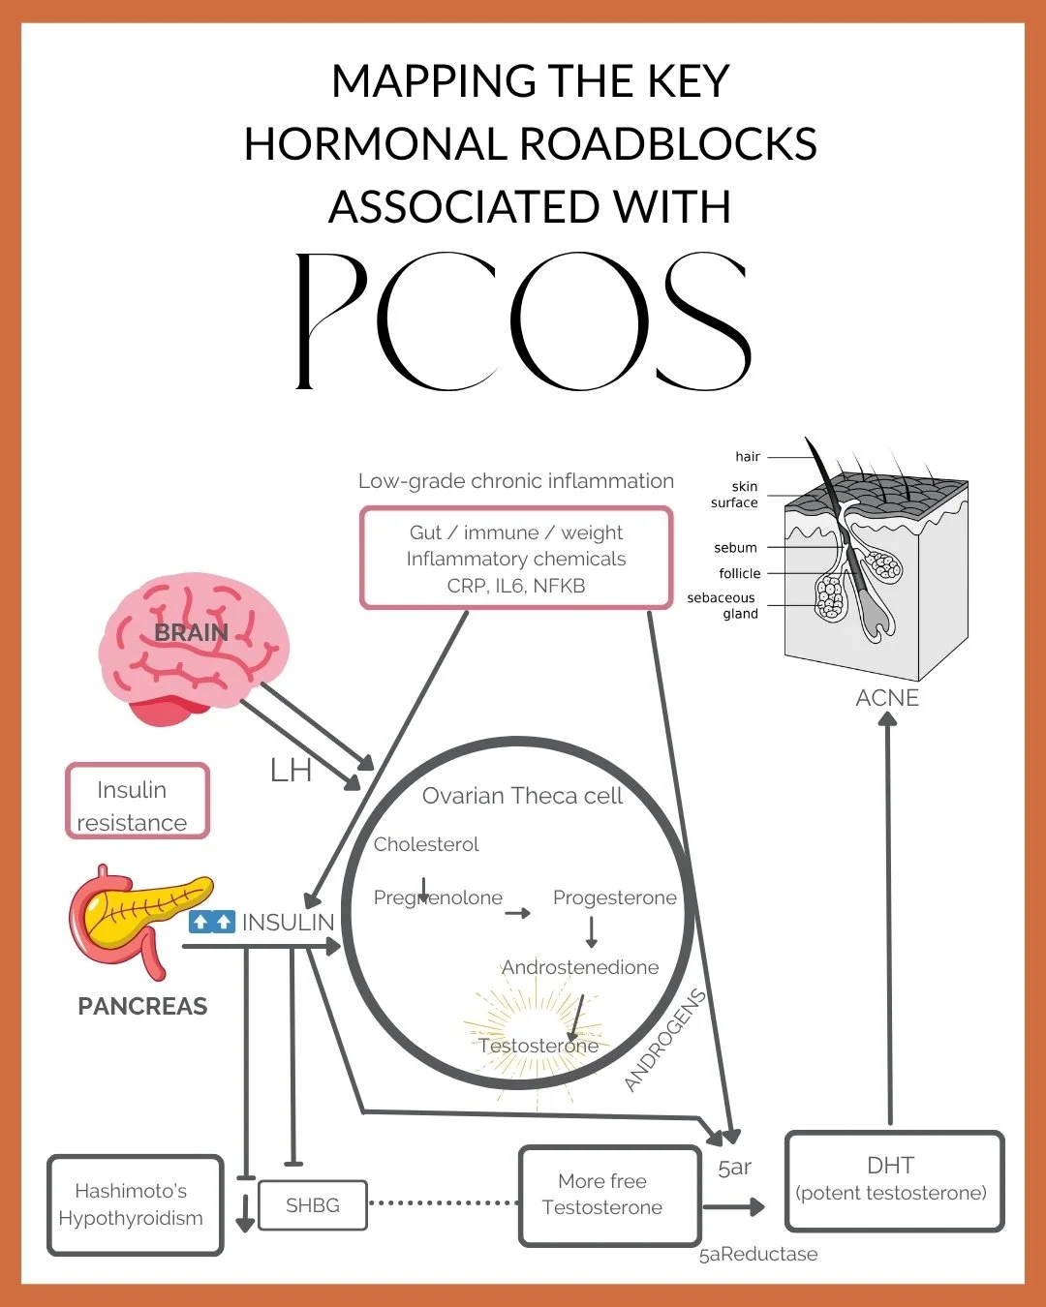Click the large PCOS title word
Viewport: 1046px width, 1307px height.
523,321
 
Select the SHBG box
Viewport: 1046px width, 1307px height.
313,1205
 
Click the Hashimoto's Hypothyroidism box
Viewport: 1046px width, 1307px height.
135,1204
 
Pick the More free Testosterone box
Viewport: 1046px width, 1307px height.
609,1195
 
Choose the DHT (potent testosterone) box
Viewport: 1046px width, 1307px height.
893,1180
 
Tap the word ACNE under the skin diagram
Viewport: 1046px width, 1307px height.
887,698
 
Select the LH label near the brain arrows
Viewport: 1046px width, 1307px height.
291,771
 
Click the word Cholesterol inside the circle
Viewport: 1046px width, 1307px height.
426,844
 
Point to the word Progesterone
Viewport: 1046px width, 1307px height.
614,897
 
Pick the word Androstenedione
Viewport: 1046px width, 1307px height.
580,967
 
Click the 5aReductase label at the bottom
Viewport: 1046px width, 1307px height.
758,1255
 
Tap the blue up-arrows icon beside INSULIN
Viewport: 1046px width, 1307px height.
212,922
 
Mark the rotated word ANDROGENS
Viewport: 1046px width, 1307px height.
664,1040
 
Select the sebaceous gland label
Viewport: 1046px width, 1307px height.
723,605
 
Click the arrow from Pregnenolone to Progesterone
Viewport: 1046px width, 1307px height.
518,913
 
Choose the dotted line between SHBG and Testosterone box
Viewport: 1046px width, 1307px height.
444,1203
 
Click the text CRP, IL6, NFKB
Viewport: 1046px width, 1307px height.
516,586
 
